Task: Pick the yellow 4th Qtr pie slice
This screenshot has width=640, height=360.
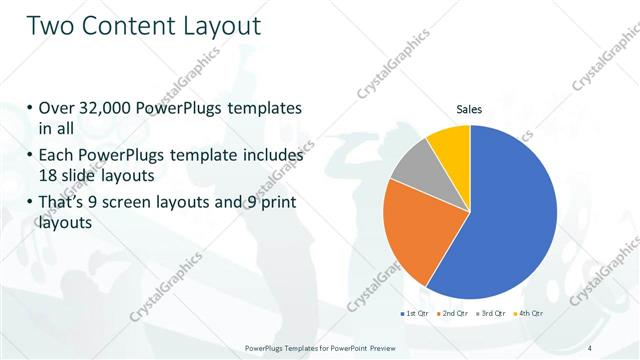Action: [450, 146]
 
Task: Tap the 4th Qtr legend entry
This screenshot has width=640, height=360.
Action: [528, 313]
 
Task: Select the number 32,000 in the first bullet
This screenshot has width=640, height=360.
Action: [109, 108]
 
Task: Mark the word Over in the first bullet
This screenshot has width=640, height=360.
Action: [56, 108]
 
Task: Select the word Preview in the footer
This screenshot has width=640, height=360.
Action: [402, 348]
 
